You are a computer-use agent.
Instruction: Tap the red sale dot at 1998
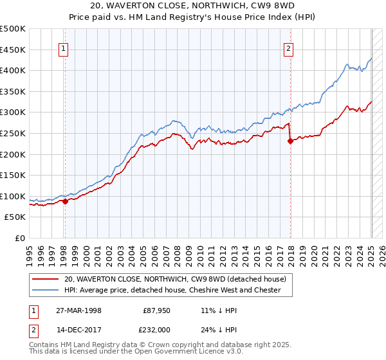[66, 201]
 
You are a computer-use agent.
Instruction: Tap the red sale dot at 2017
[290, 141]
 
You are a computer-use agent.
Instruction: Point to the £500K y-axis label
[13, 29]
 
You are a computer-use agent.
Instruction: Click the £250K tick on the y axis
[13, 133]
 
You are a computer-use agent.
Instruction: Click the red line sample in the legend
[46, 279]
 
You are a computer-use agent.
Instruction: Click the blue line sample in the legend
[46, 290]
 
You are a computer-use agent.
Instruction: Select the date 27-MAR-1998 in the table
[80, 310]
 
